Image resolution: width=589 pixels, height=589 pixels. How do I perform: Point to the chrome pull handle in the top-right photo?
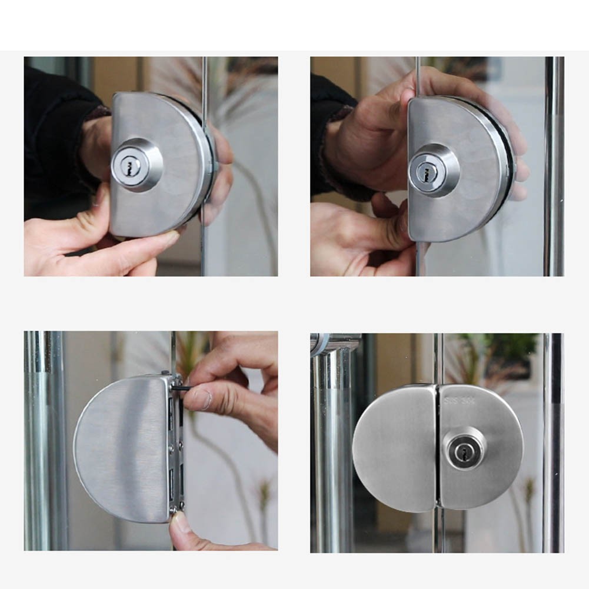554,165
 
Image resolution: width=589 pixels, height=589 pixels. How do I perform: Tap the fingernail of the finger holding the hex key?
202,401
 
